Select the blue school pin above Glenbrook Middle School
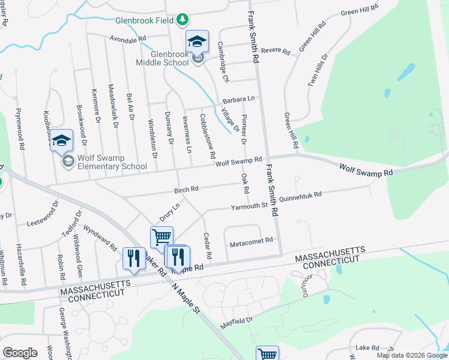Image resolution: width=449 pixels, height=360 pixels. [197, 41]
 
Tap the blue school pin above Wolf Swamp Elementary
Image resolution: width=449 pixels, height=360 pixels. [61, 140]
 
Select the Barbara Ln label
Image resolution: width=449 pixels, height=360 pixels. [239, 99]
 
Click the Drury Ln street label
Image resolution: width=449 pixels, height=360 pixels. [169, 212]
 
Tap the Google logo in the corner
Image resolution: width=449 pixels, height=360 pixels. [20, 353]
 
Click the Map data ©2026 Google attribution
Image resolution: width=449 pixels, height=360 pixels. [412, 355]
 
